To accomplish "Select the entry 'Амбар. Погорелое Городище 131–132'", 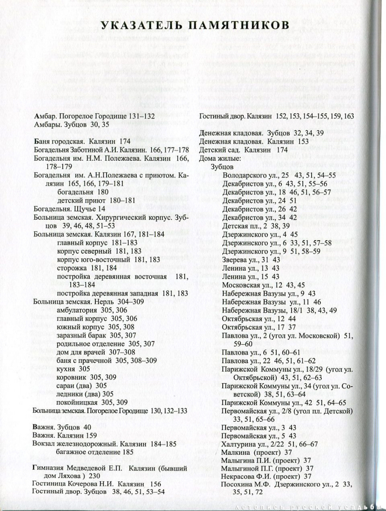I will (x=94, y=116).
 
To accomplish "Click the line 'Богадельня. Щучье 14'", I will (x=67, y=210).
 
